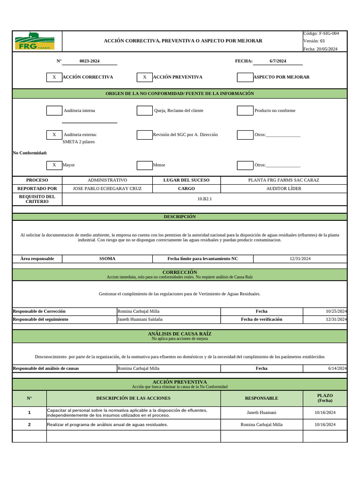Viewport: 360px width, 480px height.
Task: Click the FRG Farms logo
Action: pyautogui.click(x=35, y=41)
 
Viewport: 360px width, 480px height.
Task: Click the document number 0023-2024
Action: pyautogui.click(x=90, y=61)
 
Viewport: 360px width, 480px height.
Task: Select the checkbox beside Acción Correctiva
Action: pyautogui.click(x=54, y=77)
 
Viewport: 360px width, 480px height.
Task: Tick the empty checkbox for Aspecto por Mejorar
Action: pyautogui.click(x=245, y=77)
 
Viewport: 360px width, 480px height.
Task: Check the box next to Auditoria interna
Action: pyautogui.click(x=54, y=111)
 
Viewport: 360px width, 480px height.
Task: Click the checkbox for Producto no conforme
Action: pyautogui.click(x=245, y=111)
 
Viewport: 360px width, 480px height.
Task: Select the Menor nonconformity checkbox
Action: pyautogui.click(x=144, y=165)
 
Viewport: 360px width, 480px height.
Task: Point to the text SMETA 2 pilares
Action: pyautogui.click(x=79, y=142)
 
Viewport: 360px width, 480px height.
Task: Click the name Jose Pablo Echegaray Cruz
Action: pyautogui.click(x=107, y=188)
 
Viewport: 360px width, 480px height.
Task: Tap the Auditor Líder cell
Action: pyautogui.click(x=284, y=188)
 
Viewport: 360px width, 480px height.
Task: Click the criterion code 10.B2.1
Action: pyautogui.click(x=205, y=199)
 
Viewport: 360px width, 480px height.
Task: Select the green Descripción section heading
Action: pyautogui.click(x=180, y=217)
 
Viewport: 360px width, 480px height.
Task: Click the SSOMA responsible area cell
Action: pyautogui.click(x=107, y=259)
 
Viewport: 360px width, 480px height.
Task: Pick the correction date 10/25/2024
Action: pyautogui.click(x=336, y=311)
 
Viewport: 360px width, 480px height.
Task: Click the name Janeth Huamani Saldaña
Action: pyautogui.click(x=140, y=319)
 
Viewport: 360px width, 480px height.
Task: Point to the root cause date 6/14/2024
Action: pyautogui.click(x=337, y=368)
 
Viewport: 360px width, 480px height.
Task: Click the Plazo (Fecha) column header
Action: pyautogui.click(x=325, y=398)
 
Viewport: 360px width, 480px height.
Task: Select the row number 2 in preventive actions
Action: pyautogui.click(x=29, y=425)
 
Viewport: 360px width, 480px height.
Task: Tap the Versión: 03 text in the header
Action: pyautogui.click(x=314, y=41)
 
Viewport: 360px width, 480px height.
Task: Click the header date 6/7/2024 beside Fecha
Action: pyautogui.click(x=278, y=61)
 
